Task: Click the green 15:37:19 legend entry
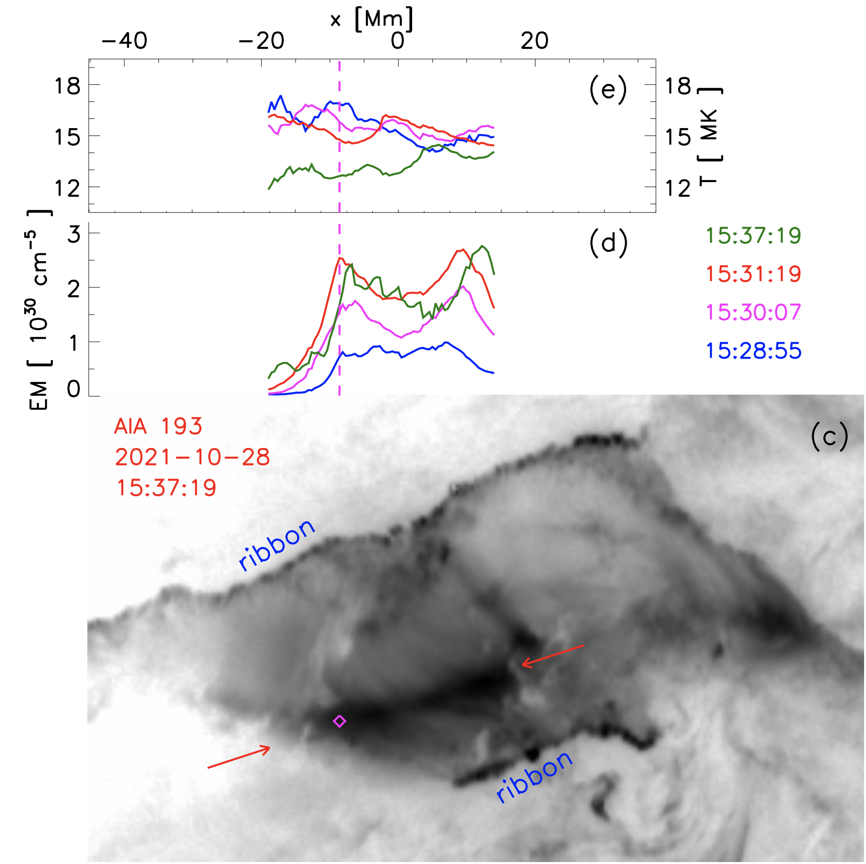753,235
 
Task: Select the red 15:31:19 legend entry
753,274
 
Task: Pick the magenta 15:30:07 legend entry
753,312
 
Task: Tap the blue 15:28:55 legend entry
753,350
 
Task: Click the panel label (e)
608,90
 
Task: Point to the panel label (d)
608,243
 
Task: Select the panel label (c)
829,436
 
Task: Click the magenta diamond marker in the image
339,721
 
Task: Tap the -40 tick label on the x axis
124,41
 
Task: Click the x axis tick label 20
534,41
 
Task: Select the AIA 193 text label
158,427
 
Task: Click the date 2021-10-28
192,457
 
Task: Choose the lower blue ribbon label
534,777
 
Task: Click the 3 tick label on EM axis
74,234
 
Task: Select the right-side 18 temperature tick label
678,86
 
